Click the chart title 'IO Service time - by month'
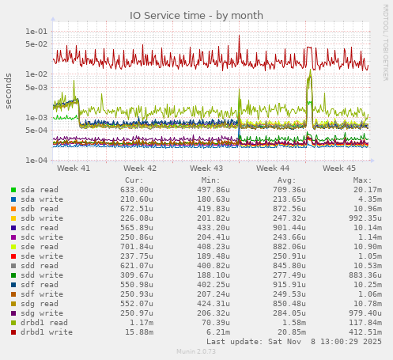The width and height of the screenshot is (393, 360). tap(196, 15)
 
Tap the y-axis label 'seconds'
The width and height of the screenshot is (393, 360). tap(9, 92)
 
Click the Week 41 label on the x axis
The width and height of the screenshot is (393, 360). tap(74, 168)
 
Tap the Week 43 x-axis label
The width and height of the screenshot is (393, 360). tap(206, 168)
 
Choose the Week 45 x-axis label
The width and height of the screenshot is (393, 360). tap(339, 168)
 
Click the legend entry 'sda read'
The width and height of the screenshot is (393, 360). tap(39, 190)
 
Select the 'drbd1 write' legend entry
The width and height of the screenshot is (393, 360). tap(47, 332)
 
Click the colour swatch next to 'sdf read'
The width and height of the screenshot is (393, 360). tap(13, 285)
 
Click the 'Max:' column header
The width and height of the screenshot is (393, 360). tap(362, 180)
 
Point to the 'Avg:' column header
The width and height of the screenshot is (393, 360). tap(286, 180)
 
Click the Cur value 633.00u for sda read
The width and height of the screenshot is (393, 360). tap(137, 190)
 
